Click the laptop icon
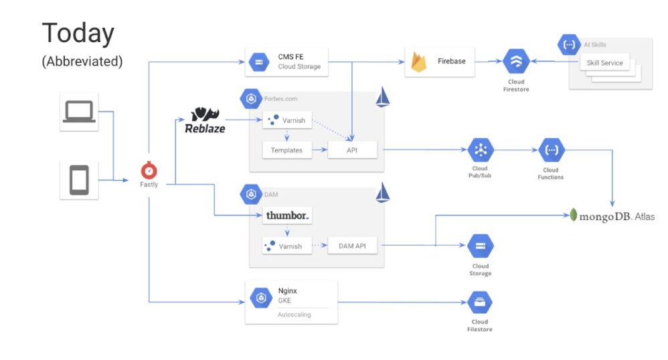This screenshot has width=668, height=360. click(79, 112)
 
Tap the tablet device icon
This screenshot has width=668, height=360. click(79, 179)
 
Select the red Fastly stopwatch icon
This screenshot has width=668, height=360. click(149, 170)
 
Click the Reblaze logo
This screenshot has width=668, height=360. click(205, 120)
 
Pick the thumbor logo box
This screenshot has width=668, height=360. click(287, 216)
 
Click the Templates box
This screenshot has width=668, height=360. click(286, 150)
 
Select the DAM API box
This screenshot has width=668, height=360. click(353, 246)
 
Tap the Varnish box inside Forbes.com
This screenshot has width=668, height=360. click(286, 120)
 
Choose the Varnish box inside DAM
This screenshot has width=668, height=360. click(286, 246)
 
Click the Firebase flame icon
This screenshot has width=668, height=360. click(420, 62)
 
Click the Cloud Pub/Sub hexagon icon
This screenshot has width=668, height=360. click(480, 150)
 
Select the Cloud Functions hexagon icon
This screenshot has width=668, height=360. click(551, 150)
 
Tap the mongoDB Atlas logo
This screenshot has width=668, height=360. click(612, 215)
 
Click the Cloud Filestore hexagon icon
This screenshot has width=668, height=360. click(480, 303)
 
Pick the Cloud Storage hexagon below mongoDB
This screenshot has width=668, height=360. click(480, 246)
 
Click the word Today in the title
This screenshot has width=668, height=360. click(78, 33)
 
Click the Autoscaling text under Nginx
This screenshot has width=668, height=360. click(294, 314)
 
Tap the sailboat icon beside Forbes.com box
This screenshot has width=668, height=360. click(383, 97)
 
